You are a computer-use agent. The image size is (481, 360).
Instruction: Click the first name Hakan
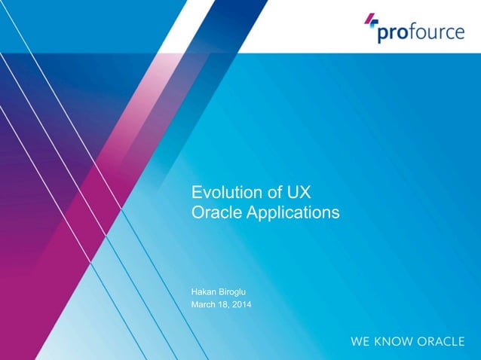point(206,289)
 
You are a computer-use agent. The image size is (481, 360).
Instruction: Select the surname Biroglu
point(237,289)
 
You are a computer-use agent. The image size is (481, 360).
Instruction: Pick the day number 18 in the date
point(228,304)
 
